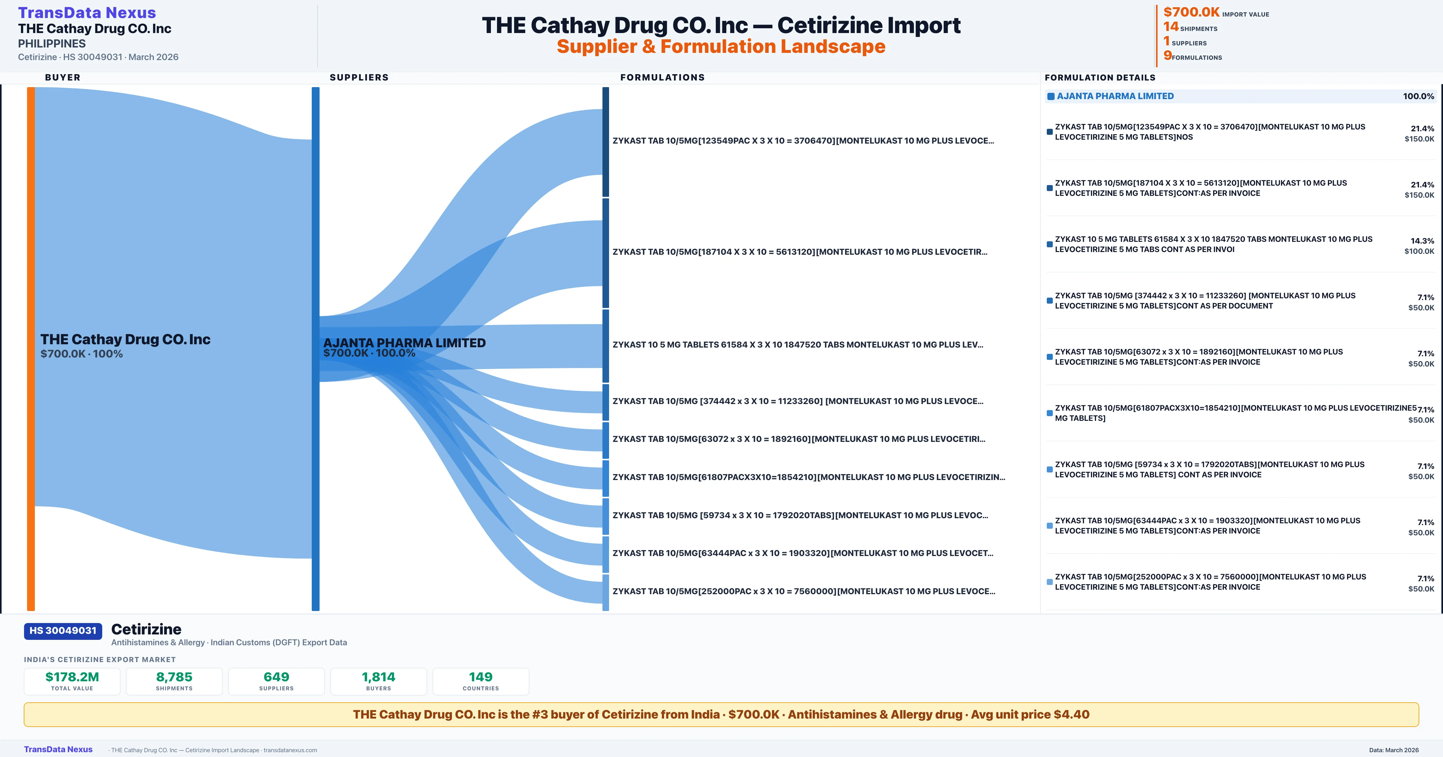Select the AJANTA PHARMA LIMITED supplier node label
pos(404,343)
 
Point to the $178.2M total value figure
pos(72,677)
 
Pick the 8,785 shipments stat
pos(174,677)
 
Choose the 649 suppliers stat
pos(276,677)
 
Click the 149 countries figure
pos(481,677)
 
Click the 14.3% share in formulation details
pos(1422,241)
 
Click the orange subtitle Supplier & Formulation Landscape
pos(721,47)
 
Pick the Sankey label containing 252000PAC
pos(803,591)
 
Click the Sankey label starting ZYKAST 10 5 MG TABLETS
pos(798,345)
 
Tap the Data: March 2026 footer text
pos(1394,750)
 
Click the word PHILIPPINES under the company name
pos(51,44)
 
